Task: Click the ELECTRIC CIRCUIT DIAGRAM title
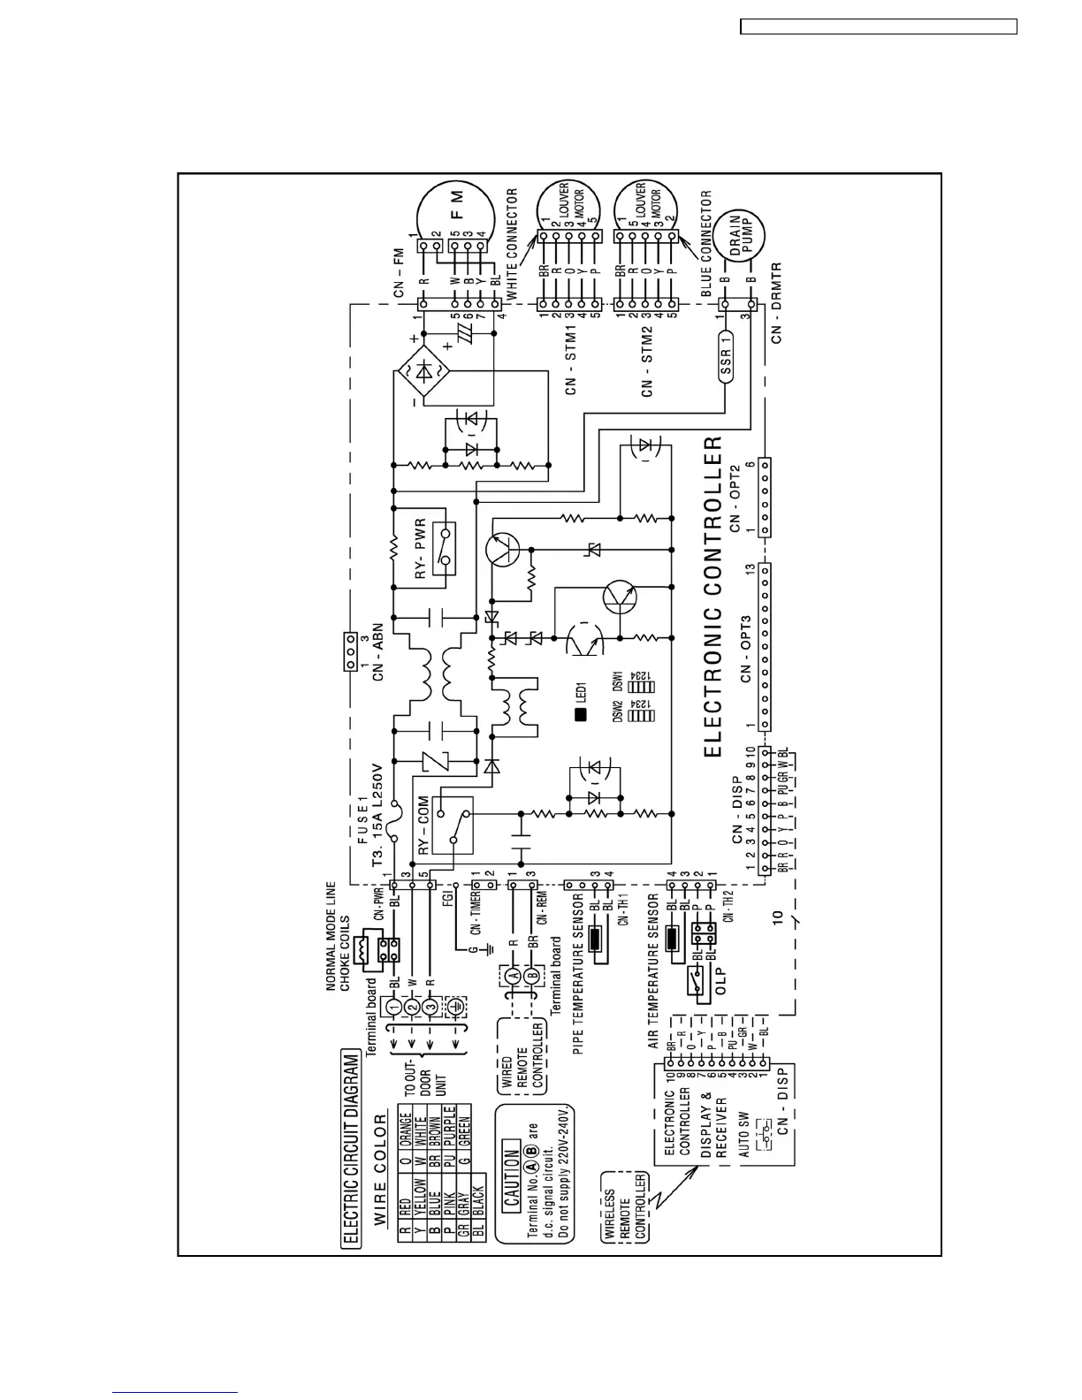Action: [352, 1148]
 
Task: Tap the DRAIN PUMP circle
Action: [740, 238]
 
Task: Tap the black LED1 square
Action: [581, 715]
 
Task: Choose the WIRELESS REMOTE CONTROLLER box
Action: [625, 1207]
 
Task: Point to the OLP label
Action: [721, 980]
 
